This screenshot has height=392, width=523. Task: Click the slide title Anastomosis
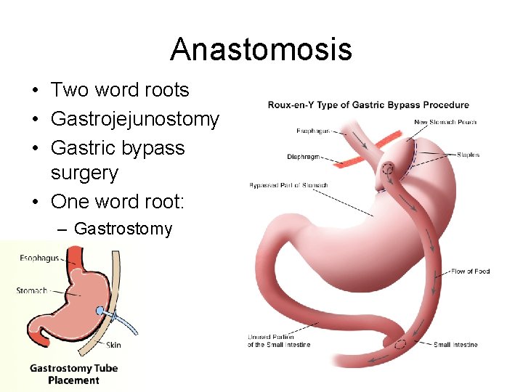pos(261,49)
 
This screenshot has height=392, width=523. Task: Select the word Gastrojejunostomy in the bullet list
pos(134,119)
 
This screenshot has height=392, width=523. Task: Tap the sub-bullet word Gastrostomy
pos(123,229)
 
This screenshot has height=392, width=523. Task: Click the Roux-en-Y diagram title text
pos(368,105)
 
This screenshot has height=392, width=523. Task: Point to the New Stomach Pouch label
pos(445,122)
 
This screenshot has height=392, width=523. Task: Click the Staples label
pos(468,155)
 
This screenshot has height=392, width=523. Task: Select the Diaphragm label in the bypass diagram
pos(304,156)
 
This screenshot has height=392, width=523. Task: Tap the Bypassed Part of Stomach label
pos(288,185)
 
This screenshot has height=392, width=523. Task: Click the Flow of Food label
pos(470,271)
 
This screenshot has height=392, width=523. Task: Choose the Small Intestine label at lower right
pos(455,344)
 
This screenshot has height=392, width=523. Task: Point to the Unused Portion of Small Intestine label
pos(279,340)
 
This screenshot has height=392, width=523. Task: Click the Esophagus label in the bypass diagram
pos(313,131)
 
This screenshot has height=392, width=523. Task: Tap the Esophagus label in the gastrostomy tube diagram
pos(40,258)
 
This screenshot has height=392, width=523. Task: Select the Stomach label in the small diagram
pos(32,290)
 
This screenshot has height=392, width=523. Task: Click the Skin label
pos(113,345)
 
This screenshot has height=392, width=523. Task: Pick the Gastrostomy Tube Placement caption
pos(73,374)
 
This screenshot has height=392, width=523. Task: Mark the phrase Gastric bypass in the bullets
pos(118,148)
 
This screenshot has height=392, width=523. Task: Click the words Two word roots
pos(120,90)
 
